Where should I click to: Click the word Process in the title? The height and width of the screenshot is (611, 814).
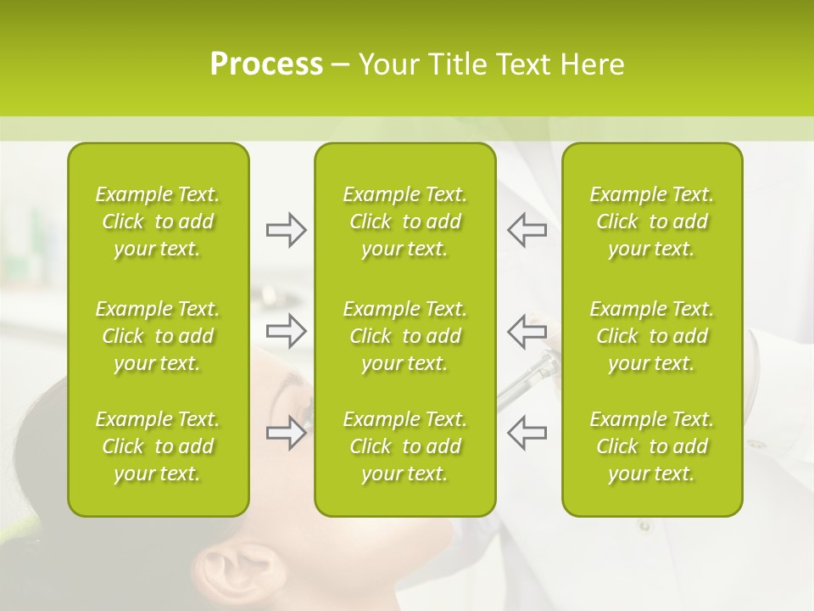[x=266, y=64]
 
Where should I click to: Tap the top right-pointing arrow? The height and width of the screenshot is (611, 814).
[x=287, y=230]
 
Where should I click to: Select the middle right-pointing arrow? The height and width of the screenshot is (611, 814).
[x=287, y=331]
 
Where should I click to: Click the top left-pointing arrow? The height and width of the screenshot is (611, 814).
[x=527, y=230]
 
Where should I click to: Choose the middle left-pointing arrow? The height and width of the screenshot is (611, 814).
[x=527, y=331]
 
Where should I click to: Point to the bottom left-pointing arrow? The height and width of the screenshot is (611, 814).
[x=527, y=432]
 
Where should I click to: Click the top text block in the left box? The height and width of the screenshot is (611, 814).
[x=158, y=221]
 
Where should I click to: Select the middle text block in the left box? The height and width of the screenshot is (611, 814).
[x=158, y=336]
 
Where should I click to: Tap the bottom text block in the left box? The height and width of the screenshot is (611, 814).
[x=158, y=446]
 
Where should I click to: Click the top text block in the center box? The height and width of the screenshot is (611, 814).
[x=404, y=221]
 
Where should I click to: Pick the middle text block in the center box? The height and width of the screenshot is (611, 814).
[x=404, y=336]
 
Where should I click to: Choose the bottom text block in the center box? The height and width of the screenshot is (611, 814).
[x=404, y=446]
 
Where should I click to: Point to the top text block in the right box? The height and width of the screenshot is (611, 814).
[x=651, y=221]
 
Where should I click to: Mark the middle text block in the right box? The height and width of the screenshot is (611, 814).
[x=651, y=336]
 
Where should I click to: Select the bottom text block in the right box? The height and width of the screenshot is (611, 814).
[x=651, y=446]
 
